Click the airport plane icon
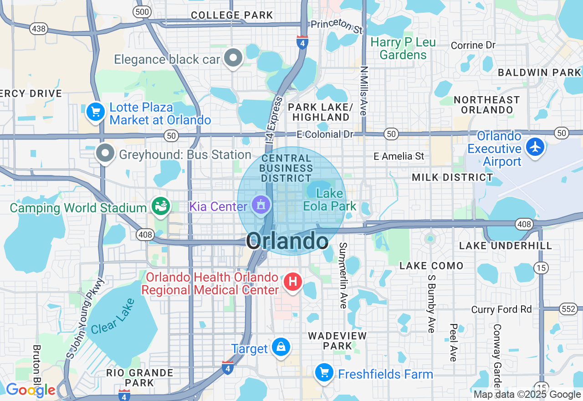click(x=535, y=147)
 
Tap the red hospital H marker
click(x=293, y=282)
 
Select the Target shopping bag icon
click(x=281, y=348)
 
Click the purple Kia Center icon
click(x=260, y=206)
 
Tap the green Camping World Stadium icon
click(x=161, y=206)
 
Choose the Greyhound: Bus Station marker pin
click(x=106, y=154)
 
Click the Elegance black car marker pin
click(x=235, y=58)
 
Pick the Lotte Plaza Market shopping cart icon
click(x=96, y=112)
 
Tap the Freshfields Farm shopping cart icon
click(x=324, y=373)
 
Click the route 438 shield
click(x=39, y=29)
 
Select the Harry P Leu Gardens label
click(x=403, y=49)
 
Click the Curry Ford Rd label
click(x=501, y=309)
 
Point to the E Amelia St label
click(x=399, y=156)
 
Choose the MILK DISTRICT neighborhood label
click(x=452, y=177)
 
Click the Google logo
click(x=31, y=390)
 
